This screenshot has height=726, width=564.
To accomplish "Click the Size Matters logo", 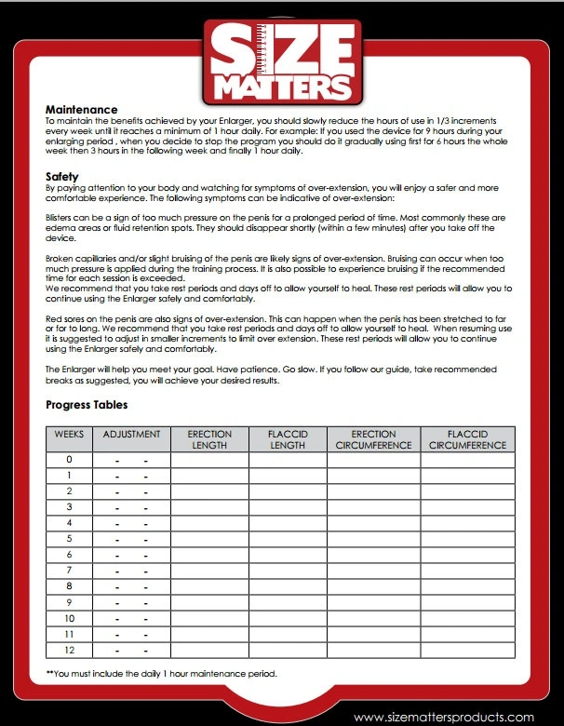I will pos(281,63).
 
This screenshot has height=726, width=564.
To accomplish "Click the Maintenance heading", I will pos(82,110).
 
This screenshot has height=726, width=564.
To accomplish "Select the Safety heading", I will pos(63,176).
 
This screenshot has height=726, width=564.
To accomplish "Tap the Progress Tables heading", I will pos(87,405).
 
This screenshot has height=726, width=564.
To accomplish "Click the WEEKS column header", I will pos(69,435).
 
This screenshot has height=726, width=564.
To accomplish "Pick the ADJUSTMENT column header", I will pos(131,435).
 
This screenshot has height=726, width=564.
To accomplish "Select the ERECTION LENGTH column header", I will pos(209,439).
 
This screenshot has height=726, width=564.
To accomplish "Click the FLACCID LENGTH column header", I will pos(288,439).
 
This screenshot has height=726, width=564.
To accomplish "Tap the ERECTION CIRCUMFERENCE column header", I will pos(373,439).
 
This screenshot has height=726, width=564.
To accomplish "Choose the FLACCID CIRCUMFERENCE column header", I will pos(467,439).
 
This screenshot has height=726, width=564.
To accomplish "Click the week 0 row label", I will pos(69,460).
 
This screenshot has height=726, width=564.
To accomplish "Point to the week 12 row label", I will pos(69,650).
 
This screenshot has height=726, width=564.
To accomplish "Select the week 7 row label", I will pos(69,571).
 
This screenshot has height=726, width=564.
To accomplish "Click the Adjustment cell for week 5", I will pos(131,539).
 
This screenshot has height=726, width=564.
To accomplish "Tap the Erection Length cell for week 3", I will pos(209,507).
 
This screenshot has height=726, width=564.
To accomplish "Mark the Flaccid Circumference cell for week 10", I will pos(467,618).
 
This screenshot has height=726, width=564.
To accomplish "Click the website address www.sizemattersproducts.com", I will pos(444,717).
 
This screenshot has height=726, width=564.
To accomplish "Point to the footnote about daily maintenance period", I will pos(161,673).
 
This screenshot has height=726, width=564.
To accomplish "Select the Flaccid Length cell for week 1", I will pos(288,476).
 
